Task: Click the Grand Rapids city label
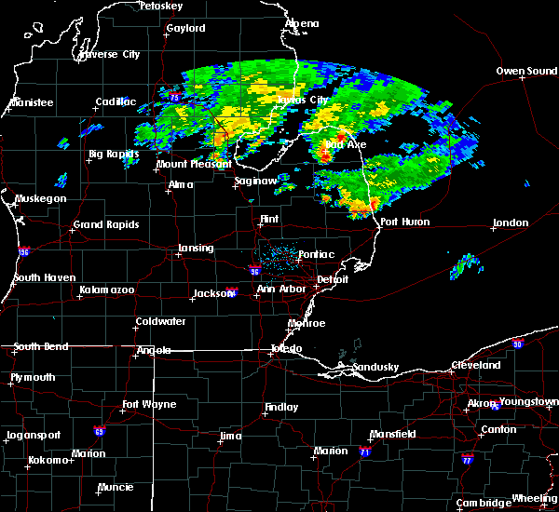(x=106, y=224)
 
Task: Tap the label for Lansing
(x=196, y=249)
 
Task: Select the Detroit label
(x=333, y=279)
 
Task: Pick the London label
(x=511, y=223)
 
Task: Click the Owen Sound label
(x=526, y=71)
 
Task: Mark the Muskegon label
(x=40, y=199)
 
